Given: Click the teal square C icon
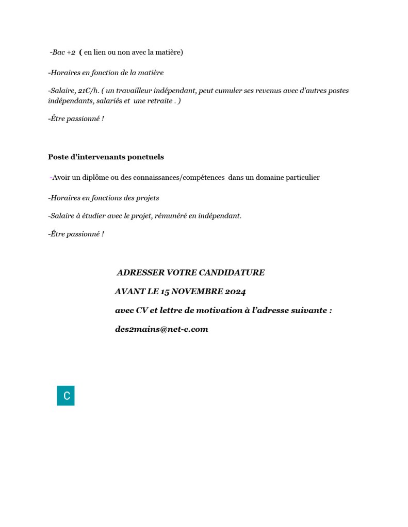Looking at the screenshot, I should pyautogui.click(x=66, y=396).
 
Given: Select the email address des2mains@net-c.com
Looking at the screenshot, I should pyautogui.click(x=161, y=329).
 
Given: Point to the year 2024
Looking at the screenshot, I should pyautogui.click(x=235, y=292).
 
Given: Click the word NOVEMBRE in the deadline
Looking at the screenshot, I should pyautogui.click(x=197, y=292).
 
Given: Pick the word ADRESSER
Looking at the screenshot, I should pyautogui.click(x=139, y=273).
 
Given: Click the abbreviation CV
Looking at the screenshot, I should pyautogui.click(x=142, y=311).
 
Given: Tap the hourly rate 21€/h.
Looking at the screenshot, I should pyautogui.click(x=89, y=91).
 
